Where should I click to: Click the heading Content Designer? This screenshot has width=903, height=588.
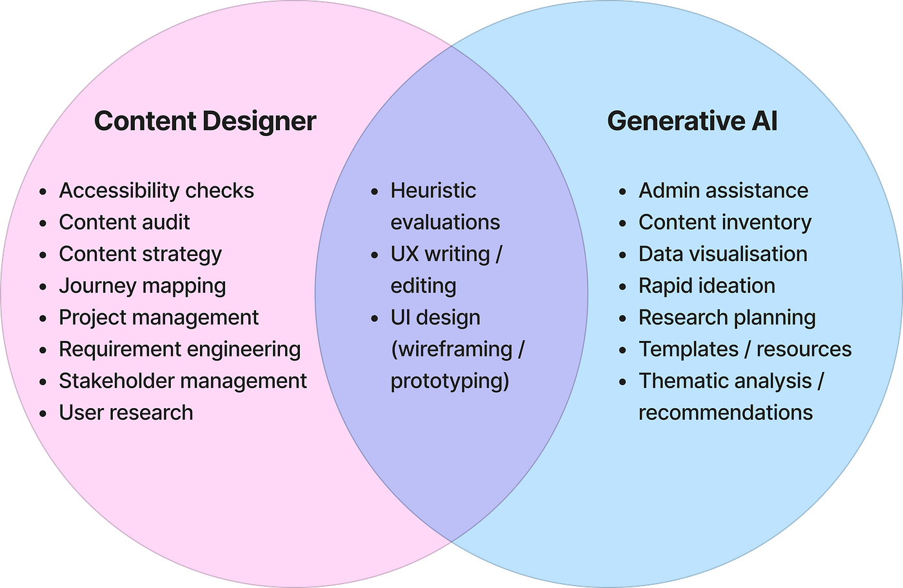coord(205,121)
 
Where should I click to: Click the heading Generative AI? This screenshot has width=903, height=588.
coord(692,121)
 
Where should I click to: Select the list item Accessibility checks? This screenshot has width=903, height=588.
coord(156,191)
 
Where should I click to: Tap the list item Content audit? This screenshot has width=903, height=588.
coord(124,222)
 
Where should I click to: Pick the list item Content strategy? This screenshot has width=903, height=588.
coord(140,254)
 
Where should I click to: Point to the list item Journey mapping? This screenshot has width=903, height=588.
coord(142,286)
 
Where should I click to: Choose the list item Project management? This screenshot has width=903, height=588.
coord(159,317)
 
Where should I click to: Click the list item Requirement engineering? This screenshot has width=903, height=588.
coord(179,349)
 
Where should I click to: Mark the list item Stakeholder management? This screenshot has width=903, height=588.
coord(183,380)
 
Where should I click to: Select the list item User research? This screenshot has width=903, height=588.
coord(126,412)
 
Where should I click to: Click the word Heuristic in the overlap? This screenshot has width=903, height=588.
coord(433,191)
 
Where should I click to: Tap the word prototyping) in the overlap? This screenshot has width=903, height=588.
coord(450,380)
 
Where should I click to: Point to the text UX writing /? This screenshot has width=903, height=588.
coord(446,254)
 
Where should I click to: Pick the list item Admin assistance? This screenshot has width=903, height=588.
coord(723,191)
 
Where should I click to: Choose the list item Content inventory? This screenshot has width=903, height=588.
coord(725,222)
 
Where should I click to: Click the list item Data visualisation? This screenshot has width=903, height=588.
coord(722,254)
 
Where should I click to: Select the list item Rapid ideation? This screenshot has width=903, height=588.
coord(707,286)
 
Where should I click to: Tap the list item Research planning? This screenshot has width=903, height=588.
coord(727,317)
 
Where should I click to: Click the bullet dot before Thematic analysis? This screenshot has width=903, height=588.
coord(622,382)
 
